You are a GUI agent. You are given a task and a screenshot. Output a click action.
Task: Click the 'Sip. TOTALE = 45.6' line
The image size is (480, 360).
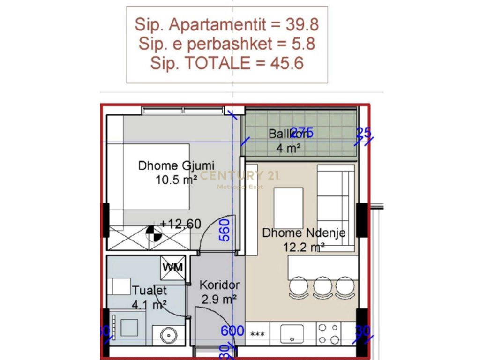[x=227, y=63]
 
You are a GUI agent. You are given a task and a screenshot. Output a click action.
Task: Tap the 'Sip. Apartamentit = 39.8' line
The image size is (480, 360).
[x=227, y=24]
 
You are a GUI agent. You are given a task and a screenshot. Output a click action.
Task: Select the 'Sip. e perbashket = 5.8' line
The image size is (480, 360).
[x=227, y=44]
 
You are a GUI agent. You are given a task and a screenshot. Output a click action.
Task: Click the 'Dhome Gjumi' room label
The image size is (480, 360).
[x=176, y=166]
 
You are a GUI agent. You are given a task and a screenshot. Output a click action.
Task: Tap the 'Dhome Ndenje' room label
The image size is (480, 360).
[x=304, y=233]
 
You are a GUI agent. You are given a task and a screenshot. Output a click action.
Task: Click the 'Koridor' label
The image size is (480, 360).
[x=220, y=285]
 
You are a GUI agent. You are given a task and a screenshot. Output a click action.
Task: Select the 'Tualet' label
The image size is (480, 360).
[x=149, y=290]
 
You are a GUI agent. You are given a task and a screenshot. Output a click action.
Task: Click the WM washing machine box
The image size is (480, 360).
[x=172, y=268]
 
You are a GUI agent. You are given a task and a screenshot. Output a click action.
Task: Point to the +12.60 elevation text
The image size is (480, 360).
[x=180, y=224]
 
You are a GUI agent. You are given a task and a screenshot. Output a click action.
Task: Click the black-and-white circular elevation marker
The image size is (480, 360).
[x=153, y=233]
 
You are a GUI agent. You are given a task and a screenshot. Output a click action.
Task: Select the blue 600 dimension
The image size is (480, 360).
[x=233, y=331]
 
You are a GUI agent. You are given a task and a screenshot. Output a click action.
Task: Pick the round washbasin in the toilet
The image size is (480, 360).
[x=168, y=335]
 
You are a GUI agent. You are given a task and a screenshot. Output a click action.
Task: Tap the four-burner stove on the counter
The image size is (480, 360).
[x=329, y=334]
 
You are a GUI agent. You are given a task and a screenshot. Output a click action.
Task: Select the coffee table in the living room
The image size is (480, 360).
[x=288, y=201]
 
